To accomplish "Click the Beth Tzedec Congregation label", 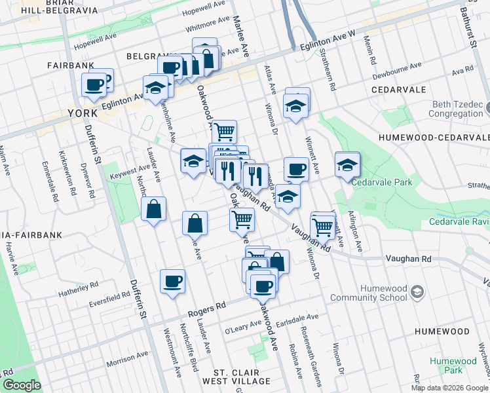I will pyautogui.click(x=459, y=109).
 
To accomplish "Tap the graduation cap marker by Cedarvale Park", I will pyautogui.click(x=347, y=164).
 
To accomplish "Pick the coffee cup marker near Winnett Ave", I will pyautogui.click(x=296, y=170).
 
